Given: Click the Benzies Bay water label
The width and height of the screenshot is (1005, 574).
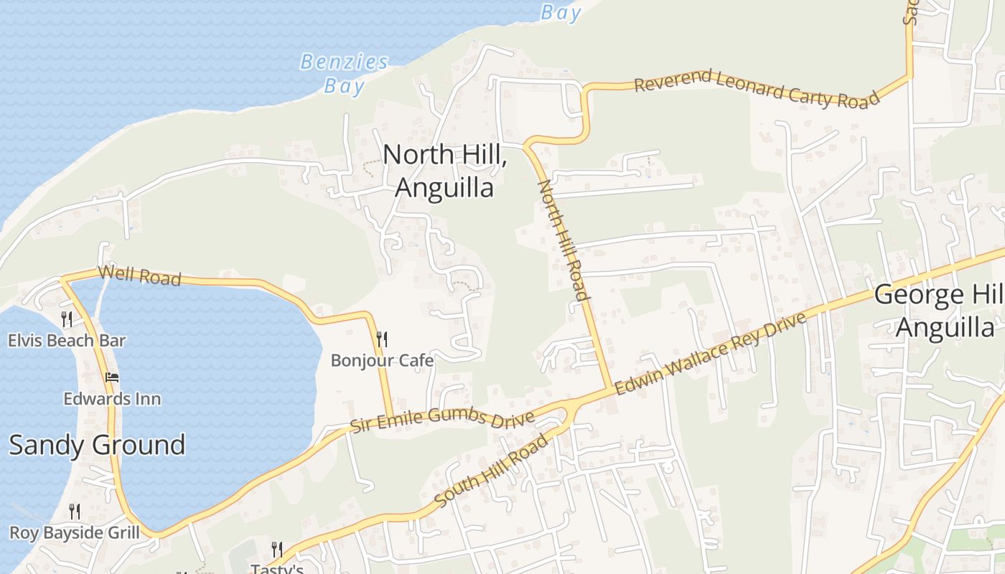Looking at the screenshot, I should click(345, 73).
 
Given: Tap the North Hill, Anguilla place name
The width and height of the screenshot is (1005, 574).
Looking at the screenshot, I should click(444, 171).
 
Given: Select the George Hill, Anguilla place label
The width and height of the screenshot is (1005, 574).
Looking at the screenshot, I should click(940, 311).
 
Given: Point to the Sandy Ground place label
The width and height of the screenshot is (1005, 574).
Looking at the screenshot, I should click(97, 445).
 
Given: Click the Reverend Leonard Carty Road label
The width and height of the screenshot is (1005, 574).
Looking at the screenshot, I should click(757, 88).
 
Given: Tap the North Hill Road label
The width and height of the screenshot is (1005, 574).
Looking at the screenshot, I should click(564, 240).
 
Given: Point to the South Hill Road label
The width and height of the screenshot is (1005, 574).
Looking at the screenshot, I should click(491, 470).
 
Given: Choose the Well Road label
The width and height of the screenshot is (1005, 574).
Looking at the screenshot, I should click(140, 275).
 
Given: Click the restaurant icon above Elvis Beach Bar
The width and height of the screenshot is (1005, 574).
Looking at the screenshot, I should click(67, 319).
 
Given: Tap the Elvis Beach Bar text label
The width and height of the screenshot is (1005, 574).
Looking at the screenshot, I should click(67, 340).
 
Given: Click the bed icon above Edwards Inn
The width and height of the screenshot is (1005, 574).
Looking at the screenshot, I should click(112, 377).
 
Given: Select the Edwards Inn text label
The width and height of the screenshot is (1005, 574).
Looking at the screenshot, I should click(112, 398).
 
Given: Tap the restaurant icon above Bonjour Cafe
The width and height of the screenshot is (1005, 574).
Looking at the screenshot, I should click(382, 339).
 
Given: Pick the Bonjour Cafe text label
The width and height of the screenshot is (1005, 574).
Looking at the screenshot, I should click(382, 360).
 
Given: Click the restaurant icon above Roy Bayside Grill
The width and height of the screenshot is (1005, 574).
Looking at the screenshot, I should click(74, 511).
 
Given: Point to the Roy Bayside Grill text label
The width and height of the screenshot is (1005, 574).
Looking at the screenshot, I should click(74, 532).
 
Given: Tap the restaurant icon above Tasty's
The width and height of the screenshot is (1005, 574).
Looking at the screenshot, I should click(277, 550).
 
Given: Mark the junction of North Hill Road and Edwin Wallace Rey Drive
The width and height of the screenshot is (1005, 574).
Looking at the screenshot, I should click(612, 390).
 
